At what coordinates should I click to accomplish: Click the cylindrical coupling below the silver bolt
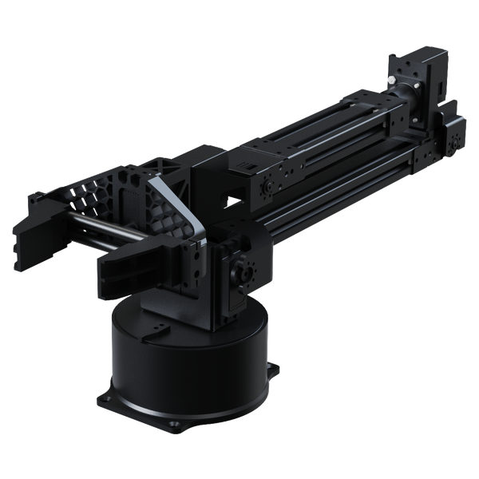411,97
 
